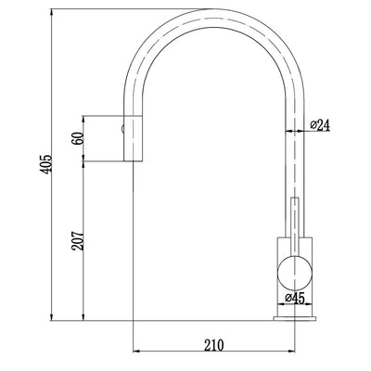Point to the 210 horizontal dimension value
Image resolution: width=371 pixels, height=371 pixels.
214,345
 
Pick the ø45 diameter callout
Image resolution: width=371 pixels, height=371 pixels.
297,298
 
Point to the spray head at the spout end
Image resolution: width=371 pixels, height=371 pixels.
134,139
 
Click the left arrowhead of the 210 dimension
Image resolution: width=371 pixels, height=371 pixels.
139,352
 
